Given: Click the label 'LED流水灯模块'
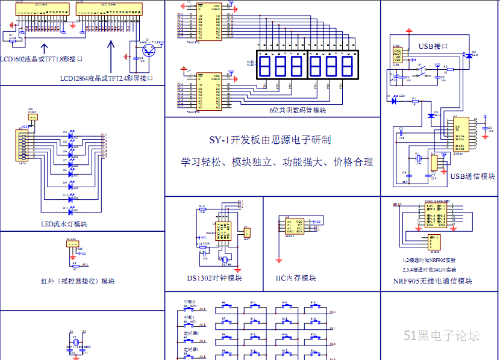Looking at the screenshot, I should pyautogui.click(x=63, y=224).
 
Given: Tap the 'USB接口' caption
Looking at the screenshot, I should pyautogui.click(x=433, y=46).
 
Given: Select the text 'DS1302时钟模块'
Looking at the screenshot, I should pyautogui.click(x=214, y=278).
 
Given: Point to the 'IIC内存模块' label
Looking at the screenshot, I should pyautogui.click(x=296, y=278).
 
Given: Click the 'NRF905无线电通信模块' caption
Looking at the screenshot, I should pyautogui.click(x=433, y=281).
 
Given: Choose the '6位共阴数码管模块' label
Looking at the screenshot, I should pyautogui.click(x=298, y=110).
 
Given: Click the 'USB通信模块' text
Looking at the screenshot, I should pyautogui.click(x=472, y=176).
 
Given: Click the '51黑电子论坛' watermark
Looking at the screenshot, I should pyautogui.click(x=442, y=336).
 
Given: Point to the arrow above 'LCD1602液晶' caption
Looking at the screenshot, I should pyautogui.click(x=43, y=49).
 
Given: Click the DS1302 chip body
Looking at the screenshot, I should pyautogui.click(x=223, y=229).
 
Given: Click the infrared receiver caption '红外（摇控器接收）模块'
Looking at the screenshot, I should pyautogui.click(x=78, y=281).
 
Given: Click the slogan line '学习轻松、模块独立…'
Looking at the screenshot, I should pyautogui.click(x=277, y=162).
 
